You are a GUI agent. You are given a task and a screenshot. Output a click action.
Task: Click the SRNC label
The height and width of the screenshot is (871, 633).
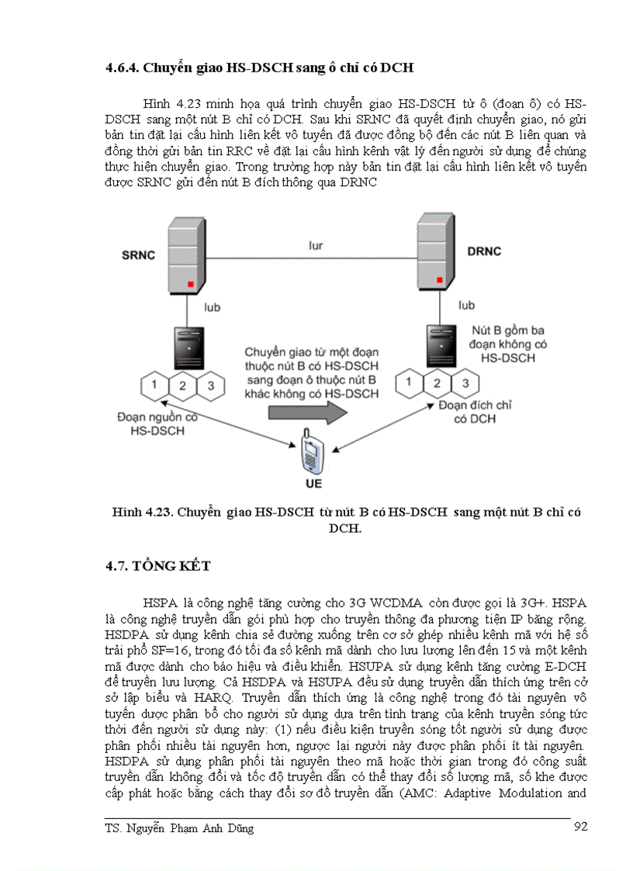point(140,254)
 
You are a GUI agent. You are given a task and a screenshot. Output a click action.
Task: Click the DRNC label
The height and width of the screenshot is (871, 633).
point(485,251)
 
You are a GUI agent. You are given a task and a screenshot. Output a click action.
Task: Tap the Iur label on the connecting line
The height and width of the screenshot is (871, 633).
point(314,246)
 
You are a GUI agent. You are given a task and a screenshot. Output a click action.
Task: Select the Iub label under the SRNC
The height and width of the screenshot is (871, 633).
point(211,308)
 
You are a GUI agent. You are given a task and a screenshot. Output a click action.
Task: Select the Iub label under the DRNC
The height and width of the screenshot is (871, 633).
point(466,306)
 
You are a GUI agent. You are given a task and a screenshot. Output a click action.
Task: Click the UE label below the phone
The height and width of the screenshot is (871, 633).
point(313,485)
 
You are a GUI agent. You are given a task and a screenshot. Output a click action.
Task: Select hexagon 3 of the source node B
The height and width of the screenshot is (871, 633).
point(210,385)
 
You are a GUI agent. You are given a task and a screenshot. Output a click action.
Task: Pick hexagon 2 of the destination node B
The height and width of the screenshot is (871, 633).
point(438,382)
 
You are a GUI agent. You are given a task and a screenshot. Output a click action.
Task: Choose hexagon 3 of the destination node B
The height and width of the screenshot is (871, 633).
point(465,382)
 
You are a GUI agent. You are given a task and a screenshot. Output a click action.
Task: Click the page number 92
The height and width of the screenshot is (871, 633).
point(579,827)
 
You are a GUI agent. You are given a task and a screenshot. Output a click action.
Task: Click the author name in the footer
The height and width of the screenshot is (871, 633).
point(179,828)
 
